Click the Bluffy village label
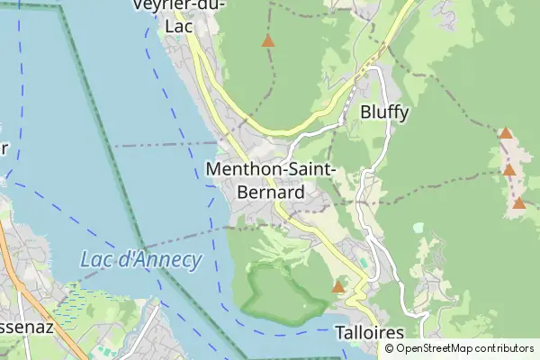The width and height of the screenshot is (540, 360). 384,112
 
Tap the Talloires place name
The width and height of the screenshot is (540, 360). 369,333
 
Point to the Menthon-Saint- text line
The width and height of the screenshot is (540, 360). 271,169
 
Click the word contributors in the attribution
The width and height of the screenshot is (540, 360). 505,348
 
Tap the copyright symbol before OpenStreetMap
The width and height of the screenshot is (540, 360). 387,348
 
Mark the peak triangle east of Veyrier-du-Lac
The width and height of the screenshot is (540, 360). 267,40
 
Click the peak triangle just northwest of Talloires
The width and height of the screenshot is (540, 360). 338,287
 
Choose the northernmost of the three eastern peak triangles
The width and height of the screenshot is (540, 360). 506,133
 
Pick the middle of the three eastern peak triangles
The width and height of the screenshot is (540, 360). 509,169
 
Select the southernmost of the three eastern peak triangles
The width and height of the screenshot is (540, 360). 519,202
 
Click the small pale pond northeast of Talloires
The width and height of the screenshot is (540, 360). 419,229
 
